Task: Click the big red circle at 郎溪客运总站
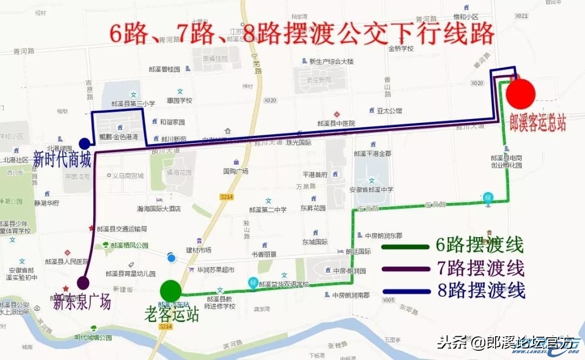tap(521, 93)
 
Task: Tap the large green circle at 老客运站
tap(171, 290)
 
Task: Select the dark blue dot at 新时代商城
tap(84, 143)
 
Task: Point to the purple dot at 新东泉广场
tap(83, 282)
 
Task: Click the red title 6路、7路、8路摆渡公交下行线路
tap(302, 34)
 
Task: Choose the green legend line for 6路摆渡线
tap(405, 247)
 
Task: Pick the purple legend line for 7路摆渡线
tap(405, 268)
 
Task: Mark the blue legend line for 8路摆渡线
tap(405, 291)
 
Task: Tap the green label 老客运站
tap(172, 313)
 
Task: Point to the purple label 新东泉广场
tap(82, 302)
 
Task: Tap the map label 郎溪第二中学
tap(268, 210)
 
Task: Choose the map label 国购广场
tap(236, 171)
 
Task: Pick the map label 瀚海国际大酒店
tap(159, 208)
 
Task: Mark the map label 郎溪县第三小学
tap(133, 103)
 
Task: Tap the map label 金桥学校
tap(401, 48)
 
